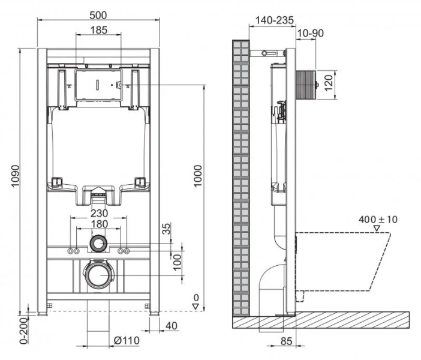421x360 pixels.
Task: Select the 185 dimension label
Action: tap(99, 29)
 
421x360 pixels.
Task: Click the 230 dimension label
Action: tap(99, 212)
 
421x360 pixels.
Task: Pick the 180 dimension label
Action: tap(99, 224)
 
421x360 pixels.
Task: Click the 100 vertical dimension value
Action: tap(178, 261)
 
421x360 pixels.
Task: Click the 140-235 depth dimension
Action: tap(274, 20)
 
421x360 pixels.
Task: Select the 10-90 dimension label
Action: tap(310, 33)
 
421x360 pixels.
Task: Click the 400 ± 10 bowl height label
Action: tap(378, 219)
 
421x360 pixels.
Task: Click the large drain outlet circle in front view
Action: tap(98, 275)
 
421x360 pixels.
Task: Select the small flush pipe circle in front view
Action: tap(98, 244)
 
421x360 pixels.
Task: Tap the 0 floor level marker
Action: tap(196, 298)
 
